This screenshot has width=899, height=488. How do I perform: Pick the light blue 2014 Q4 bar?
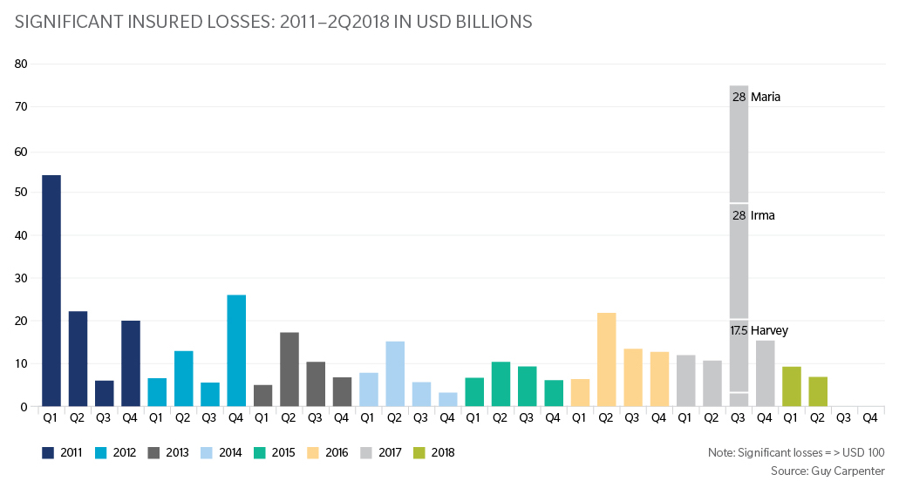(447, 399)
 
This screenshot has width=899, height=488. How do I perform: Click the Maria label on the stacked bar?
(765, 98)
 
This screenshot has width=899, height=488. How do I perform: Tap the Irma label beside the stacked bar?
(763, 215)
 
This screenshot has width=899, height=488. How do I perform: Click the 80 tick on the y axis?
(22, 64)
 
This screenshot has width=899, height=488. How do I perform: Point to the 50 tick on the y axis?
(22, 193)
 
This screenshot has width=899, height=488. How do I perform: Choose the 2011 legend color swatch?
(50, 453)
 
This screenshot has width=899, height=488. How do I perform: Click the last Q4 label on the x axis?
(869, 417)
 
